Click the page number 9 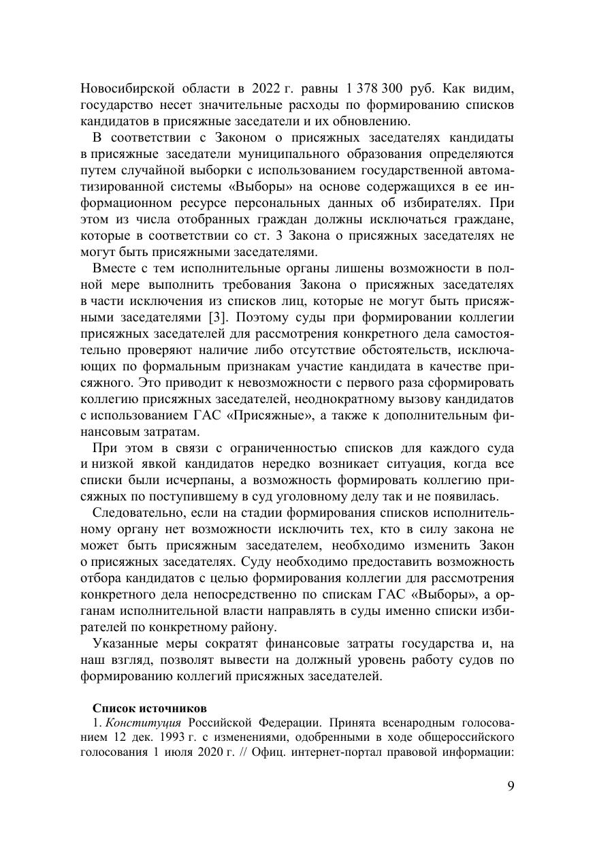(x=511, y=786)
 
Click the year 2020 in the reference (x=257, y=751)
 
